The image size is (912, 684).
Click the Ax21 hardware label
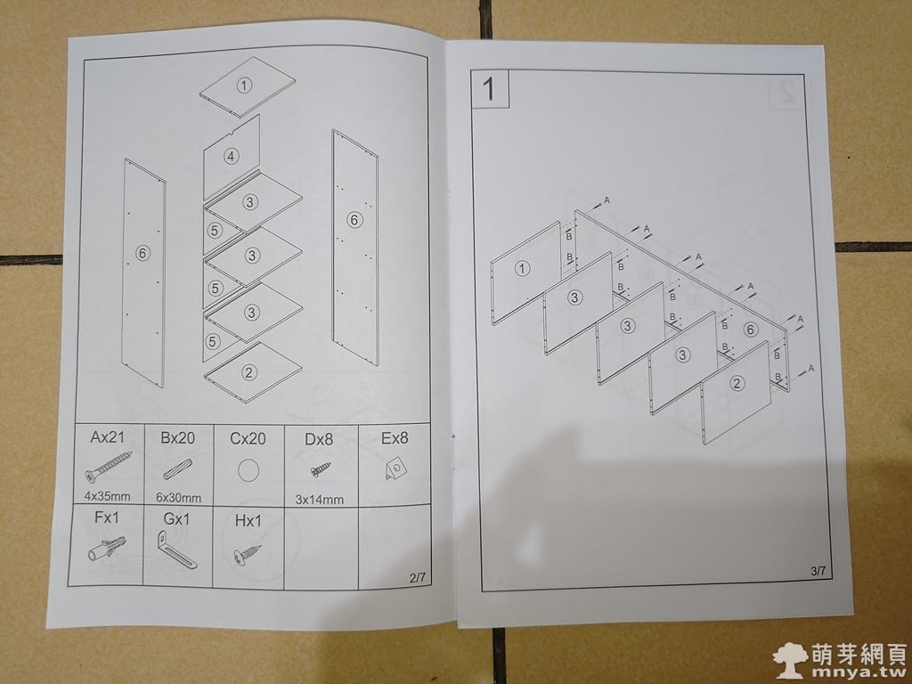107,436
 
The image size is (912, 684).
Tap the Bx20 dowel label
177,438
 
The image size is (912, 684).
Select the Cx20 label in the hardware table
248,438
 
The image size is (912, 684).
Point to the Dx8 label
319,439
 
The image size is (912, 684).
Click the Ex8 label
395,438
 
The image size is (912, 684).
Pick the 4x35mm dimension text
107,496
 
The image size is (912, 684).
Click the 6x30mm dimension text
178,498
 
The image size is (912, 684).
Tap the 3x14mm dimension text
320,500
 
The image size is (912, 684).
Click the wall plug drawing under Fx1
107,549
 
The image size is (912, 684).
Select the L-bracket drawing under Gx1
176,550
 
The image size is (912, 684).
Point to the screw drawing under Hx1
248,554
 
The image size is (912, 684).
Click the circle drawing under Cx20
248,470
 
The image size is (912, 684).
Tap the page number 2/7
418,577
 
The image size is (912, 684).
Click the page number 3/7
818,571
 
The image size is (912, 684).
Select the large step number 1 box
490,89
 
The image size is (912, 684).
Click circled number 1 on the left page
244,85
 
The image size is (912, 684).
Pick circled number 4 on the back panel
232,157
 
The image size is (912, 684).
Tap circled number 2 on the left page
249,372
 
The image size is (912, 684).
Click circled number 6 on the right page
750,330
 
